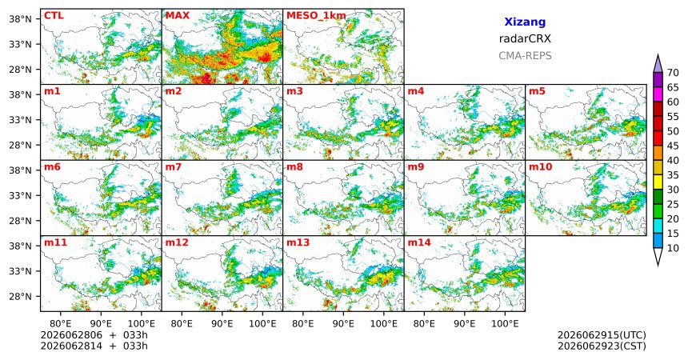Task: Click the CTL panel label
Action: [54, 16]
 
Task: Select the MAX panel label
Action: [178, 16]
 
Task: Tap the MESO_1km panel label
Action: [316, 16]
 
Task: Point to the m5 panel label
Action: [537, 91]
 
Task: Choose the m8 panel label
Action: [294, 167]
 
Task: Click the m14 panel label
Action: [419, 242]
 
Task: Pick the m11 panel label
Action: [55, 242]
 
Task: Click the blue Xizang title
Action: [525, 22]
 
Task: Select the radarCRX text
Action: [525, 38]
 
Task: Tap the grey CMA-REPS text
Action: [525, 56]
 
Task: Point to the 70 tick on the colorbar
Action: [673, 73]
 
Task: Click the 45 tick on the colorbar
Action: [673, 146]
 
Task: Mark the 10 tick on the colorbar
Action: [673, 248]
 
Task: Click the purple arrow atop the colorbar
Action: [658, 64]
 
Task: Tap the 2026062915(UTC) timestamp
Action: [602, 335]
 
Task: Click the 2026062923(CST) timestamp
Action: [602, 346]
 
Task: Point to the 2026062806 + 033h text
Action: [94, 335]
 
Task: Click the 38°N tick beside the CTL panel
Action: [20, 19]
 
